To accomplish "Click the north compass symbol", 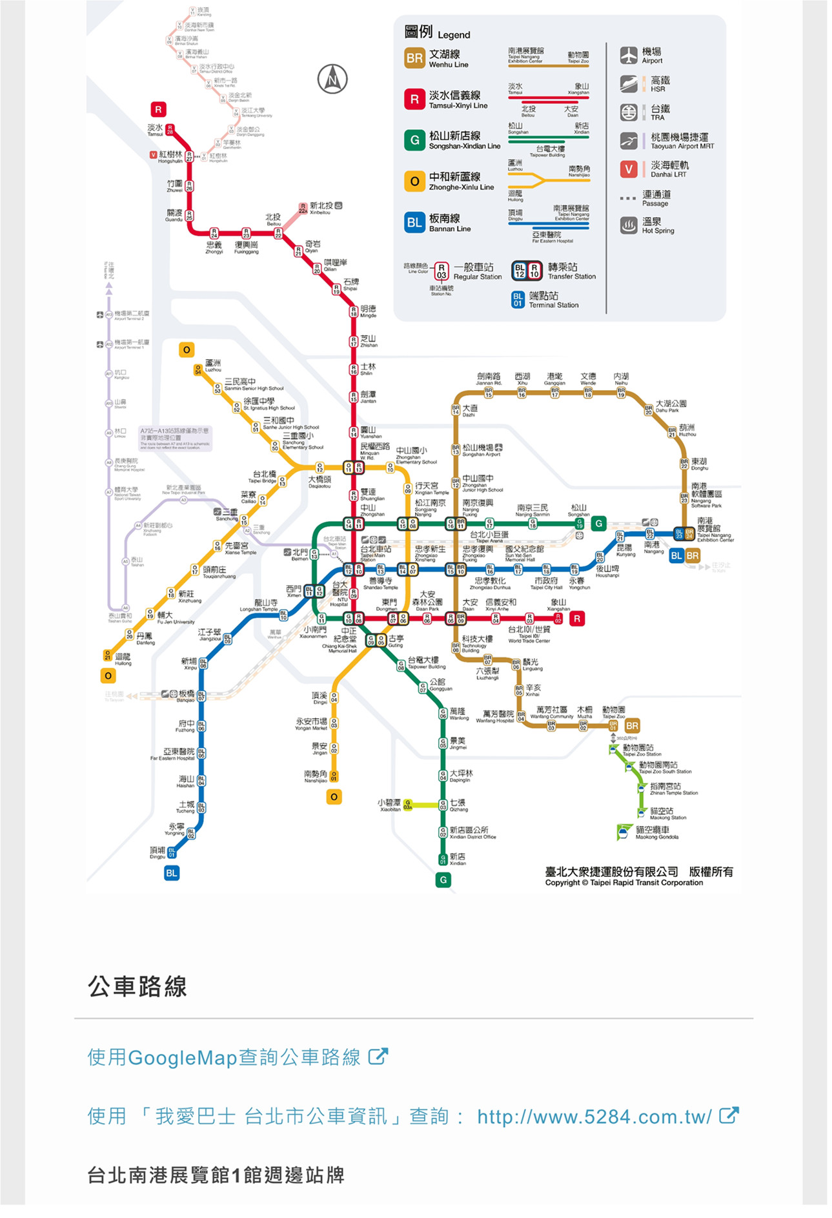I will [x=332, y=79].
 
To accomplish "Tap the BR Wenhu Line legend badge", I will [x=414, y=58].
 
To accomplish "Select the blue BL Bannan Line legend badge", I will [x=414, y=222].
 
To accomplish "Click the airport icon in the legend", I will [x=629, y=56].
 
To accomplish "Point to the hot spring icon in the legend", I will [x=629, y=225].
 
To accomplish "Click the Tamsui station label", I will [x=156, y=129].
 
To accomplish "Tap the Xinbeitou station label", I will [x=321, y=208].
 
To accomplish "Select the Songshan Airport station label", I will [x=482, y=450].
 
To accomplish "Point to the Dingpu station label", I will [x=157, y=852].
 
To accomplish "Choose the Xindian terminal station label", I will [x=458, y=859].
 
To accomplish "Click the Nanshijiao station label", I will [x=316, y=776].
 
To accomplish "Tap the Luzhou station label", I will [x=212, y=366].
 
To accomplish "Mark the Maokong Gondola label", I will [x=652, y=832].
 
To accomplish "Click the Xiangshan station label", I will [x=558, y=604].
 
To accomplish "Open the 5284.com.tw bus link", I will [x=594, y=1117].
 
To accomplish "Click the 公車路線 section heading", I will [x=137, y=987].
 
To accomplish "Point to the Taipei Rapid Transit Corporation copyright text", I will [x=624, y=882].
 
